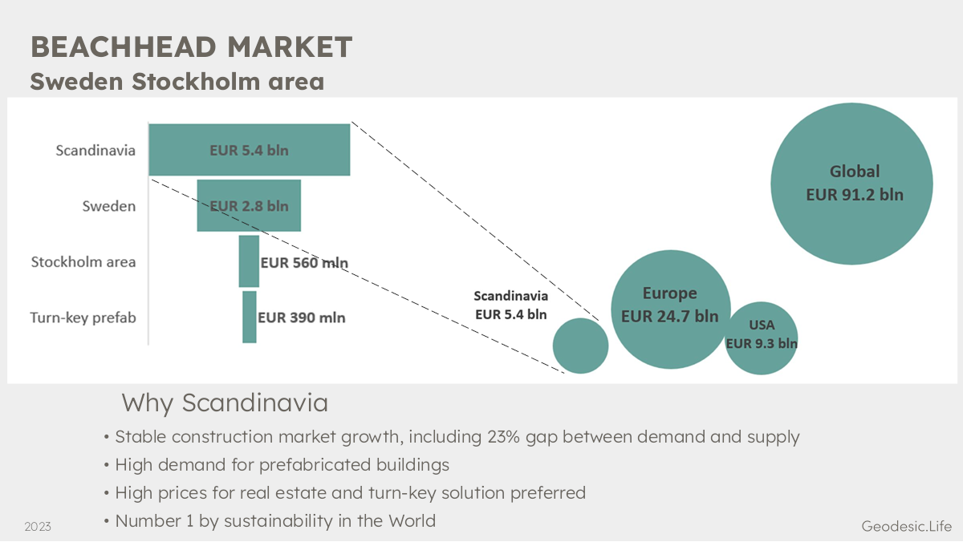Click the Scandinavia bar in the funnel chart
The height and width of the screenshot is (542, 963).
click(250, 150)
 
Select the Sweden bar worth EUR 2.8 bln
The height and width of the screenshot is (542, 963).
click(249, 206)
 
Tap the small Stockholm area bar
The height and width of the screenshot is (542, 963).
click(249, 261)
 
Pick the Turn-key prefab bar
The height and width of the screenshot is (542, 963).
click(250, 317)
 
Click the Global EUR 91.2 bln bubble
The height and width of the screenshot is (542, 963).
click(851, 184)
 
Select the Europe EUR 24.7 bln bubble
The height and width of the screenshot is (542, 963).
click(671, 309)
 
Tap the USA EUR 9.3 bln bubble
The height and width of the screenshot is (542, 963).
click(762, 338)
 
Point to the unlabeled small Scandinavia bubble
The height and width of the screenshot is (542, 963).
click(580, 346)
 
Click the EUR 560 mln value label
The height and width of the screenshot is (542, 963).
click(304, 262)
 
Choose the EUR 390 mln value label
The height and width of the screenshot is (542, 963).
click(302, 318)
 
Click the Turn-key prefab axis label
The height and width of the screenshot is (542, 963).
click(83, 318)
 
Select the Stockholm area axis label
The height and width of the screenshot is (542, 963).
click(83, 261)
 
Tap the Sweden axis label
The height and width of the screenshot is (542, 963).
click(109, 206)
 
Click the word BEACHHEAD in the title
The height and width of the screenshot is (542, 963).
click(124, 47)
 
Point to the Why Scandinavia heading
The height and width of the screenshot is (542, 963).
click(225, 402)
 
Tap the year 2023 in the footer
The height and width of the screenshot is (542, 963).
click(38, 527)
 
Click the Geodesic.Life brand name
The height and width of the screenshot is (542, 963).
click(907, 526)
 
